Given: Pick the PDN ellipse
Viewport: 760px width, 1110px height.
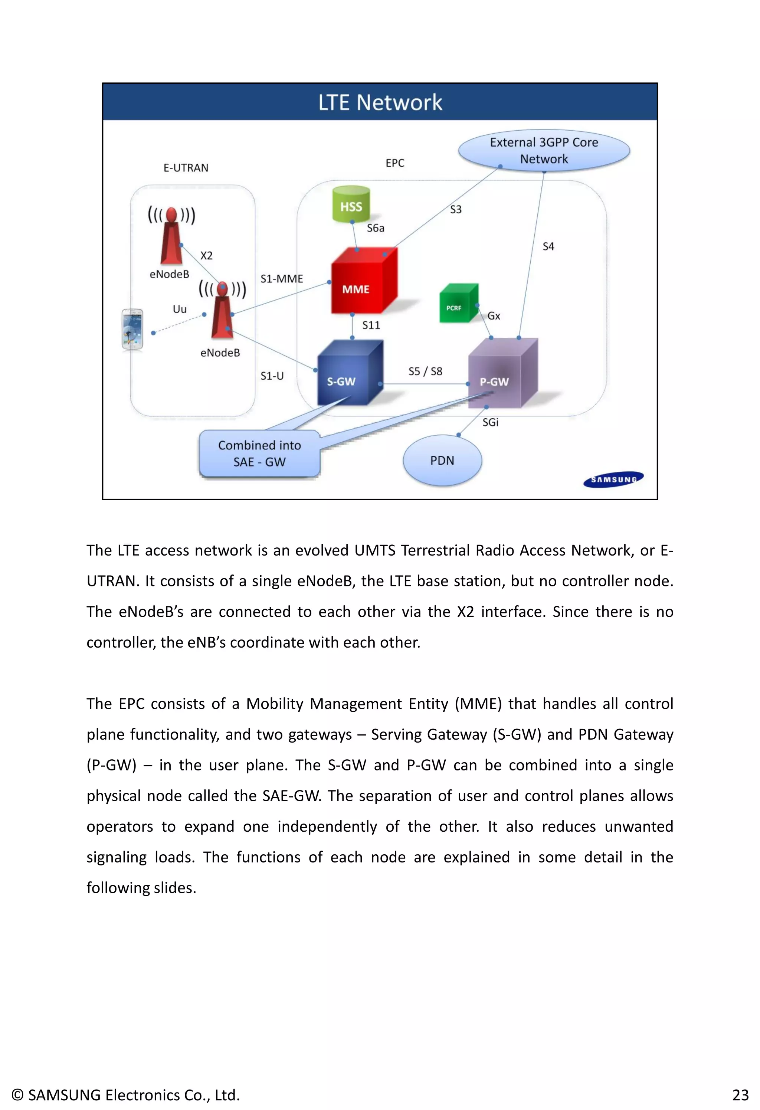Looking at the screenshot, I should click(x=442, y=461).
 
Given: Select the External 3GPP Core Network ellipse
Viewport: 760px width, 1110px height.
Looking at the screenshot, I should click(x=544, y=150).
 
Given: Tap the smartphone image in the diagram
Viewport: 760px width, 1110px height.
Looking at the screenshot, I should click(x=132, y=329).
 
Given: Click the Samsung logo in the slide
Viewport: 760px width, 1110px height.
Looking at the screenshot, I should click(x=613, y=479).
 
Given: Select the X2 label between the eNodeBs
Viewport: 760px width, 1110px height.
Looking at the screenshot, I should click(x=206, y=256).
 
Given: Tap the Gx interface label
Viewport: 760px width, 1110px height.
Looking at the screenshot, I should click(x=494, y=316).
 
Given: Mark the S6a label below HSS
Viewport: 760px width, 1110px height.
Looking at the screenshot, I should click(x=376, y=228).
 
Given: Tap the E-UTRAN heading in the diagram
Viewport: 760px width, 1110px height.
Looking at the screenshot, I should click(x=186, y=168).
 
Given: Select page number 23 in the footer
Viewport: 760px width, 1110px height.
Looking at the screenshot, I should click(x=740, y=1095).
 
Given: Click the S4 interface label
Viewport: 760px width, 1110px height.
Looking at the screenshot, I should click(x=548, y=246).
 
